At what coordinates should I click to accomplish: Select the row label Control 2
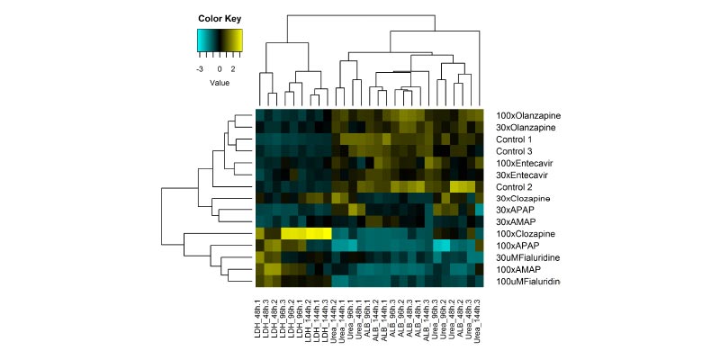pyautogui.click(x=512, y=185)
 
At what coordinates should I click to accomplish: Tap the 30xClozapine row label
pyautogui.click(x=522, y=197)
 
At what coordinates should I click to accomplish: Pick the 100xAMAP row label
pyautogui.click(x=517, y=268)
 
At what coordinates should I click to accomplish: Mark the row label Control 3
pyautogui.click(x=512, y=150)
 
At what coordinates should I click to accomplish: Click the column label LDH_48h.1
pyautogui.click(x=259, y=319)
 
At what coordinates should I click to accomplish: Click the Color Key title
pyautogui.click(x=220, y=18)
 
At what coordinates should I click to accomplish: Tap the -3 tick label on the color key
pyautogui.click(x=199, y=67)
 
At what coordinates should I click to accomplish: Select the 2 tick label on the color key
pyautogui.click(x=232, y=67)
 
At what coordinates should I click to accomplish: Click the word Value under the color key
pyautogui.click(x=220, y=83)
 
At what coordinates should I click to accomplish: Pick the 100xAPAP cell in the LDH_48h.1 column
pyautogui.click(x=259, y=244)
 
